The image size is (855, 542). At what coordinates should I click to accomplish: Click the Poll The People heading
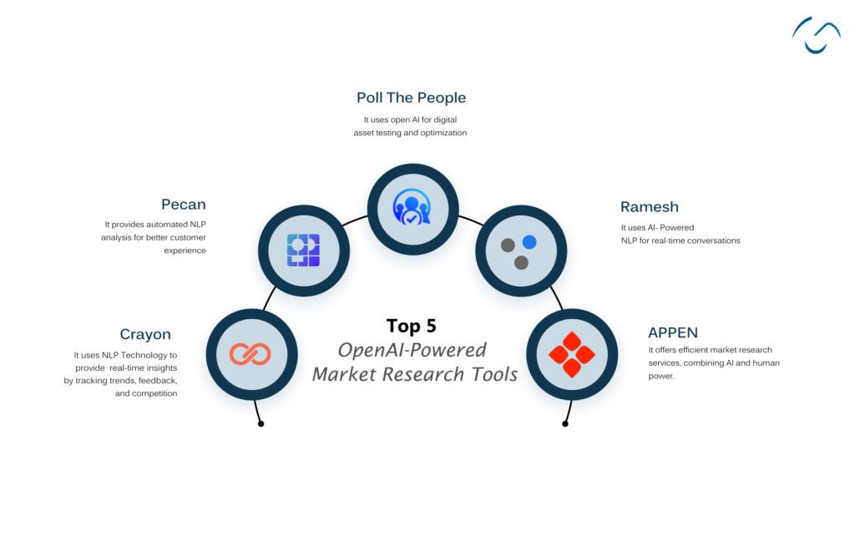coord(412,99)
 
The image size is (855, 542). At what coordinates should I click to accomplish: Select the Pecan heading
coord(184,205)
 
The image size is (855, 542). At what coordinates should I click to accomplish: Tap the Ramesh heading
coord(649,207)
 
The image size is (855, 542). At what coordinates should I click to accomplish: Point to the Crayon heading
coord(145,335)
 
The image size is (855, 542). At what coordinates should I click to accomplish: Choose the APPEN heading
coord(673,333)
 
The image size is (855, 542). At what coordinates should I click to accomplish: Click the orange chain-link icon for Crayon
coord(250,354)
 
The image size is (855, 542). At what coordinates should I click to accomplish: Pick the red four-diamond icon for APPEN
coord(571,354)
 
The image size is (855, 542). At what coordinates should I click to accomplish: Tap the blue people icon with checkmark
coord(412,208)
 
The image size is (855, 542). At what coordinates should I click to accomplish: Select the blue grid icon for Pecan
coord(303,250)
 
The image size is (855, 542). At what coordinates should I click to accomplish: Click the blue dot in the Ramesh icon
coord(529,242)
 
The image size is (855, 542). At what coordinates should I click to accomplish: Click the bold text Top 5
coord(411,326)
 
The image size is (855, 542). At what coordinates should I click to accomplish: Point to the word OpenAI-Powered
coord(412,350)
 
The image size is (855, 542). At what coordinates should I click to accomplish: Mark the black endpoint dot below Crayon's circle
coord(261,423)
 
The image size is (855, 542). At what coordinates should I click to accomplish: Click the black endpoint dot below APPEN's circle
coord(565,423)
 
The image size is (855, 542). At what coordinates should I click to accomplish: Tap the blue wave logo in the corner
coord(816,34)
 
